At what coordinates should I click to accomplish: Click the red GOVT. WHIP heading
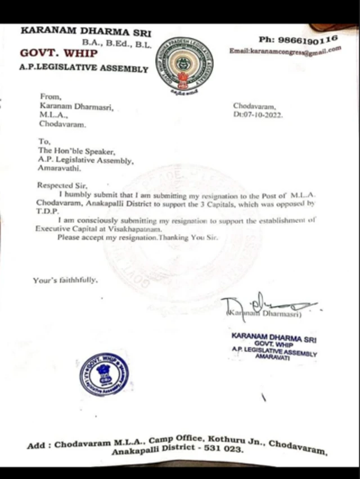pos(59,53)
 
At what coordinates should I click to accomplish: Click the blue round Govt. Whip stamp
pos(104,374)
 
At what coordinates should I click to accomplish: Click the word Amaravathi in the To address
pos(59,168)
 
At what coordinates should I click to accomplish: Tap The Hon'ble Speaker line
pos(76,151)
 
